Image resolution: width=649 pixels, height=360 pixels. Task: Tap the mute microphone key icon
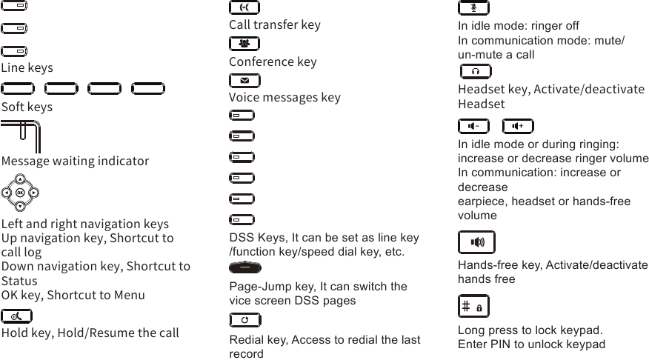point(473,8)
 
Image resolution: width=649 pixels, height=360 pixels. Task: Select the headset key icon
point(475,72)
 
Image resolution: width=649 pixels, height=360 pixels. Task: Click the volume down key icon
point(473,126)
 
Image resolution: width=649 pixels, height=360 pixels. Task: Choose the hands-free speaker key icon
point(476,242)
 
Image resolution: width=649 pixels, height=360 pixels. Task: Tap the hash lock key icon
point(473,306)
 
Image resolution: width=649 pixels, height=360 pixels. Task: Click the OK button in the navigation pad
point(20,193)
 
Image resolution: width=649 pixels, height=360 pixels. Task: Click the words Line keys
point(27,68)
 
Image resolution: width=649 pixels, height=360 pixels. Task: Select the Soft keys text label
point(27,107)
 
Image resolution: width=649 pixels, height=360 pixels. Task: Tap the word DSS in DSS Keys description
point(242,238)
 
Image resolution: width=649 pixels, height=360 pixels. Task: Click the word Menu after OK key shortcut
point(130,296)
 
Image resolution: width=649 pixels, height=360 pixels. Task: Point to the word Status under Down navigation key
point(19,281)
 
